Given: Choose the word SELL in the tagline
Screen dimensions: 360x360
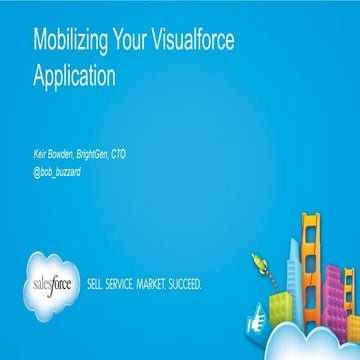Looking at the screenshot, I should pyautogui.click(x=99, y=283).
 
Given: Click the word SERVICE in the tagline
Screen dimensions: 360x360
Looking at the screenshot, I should pyautogui.click(x=129, y=283).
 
